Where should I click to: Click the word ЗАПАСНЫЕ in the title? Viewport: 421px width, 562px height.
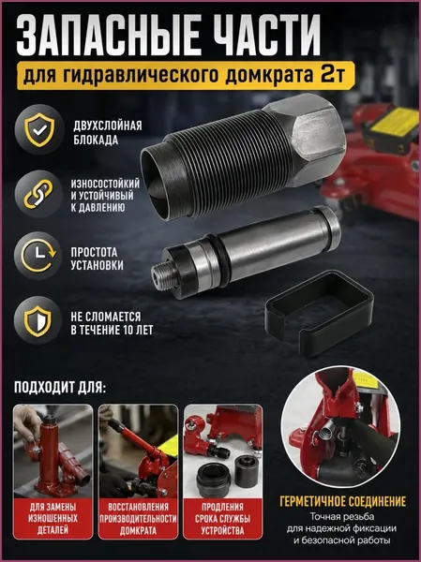(107, 35)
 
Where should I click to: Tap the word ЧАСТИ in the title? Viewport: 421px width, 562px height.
(266, 35)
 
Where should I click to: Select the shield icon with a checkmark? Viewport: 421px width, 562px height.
(39, 129)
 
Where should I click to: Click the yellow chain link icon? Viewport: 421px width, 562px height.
(38, 194)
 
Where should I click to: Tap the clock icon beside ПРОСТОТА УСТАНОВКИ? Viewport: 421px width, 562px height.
(38, 256)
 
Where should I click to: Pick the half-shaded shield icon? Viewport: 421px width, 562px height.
(38, 320)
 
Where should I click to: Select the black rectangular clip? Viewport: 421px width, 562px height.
(319, 313)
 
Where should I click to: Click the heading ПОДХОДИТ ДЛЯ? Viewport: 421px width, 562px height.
(60, 388)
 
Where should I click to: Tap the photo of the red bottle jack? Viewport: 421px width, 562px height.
(53, 451)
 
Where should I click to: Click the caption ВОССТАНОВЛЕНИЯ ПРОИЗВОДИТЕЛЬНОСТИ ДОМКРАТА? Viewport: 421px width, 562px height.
(138, 519)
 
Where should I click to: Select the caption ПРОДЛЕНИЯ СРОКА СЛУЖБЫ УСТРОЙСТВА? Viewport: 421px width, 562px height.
(222, 519)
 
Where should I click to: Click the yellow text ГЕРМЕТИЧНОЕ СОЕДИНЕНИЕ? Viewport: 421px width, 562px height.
(343, 501)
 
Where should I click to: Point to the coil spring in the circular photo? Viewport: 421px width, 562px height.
(331, 425)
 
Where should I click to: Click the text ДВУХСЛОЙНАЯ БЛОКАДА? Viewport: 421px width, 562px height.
(108, 132)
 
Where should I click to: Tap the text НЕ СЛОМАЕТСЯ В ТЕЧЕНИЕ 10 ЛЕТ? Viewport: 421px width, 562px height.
(112, 323)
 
